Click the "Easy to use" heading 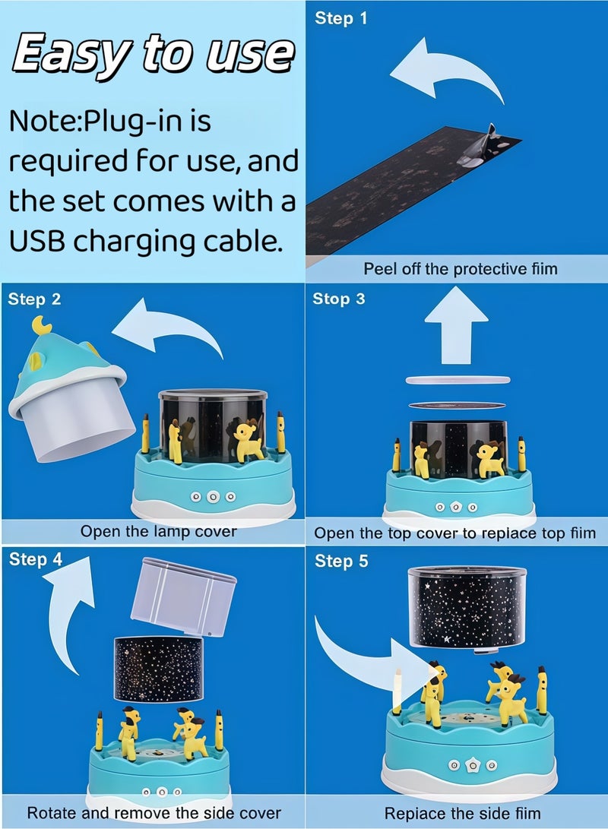point(153,55)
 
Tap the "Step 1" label point(341,18)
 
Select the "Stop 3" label point(339,299)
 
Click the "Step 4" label point(36,558)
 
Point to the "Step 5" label point(341,561)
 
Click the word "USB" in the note point(37,242)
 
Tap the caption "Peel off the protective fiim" point(461,269)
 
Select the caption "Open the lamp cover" point(159,531)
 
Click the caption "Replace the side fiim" point(463,813)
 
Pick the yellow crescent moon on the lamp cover point(41,325)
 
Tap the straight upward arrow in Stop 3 point(456,325)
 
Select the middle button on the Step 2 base point(213,496)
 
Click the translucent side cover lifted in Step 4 point(183,596)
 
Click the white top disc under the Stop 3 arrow point(458,380)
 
